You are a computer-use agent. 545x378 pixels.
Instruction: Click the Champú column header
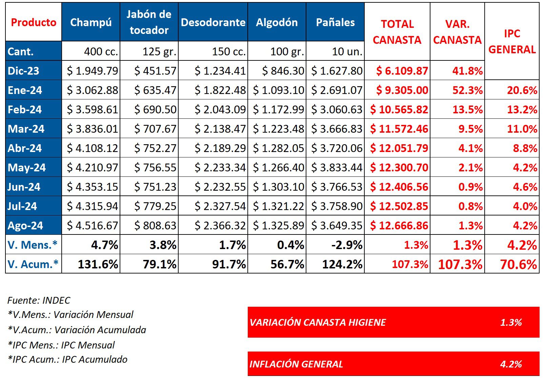coord(90,22)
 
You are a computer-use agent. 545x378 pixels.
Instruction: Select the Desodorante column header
coord(213,22)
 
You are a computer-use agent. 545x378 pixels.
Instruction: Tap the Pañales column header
coord(335,22)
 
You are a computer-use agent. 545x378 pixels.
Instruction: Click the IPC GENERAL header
coord(512,41)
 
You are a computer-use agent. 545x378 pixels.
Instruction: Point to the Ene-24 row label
coord(25,90)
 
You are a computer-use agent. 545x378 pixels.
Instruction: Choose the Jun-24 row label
coord(24,187)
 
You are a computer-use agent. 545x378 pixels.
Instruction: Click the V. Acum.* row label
coord(33,264)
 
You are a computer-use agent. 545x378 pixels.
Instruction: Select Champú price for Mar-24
coord(93,129)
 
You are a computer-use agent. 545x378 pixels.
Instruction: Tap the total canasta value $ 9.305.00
coord(402,90)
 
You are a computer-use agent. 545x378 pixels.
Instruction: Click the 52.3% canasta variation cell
coord(467,90)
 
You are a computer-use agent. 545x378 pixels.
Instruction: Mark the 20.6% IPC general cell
coord(522,90)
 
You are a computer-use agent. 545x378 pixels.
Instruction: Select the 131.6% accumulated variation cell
coord(98,264)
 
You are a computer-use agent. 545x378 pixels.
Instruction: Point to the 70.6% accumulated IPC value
coord(519,264)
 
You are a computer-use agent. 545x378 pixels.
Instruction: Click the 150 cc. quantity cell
coord(229,52)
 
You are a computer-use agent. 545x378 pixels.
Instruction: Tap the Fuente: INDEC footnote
coord(39,300)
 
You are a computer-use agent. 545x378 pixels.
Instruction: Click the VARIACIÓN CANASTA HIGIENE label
coord(318,322)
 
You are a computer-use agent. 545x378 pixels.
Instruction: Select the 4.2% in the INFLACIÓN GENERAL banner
coord(511,364)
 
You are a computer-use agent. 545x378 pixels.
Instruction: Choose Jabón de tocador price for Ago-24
coord(155,226)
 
